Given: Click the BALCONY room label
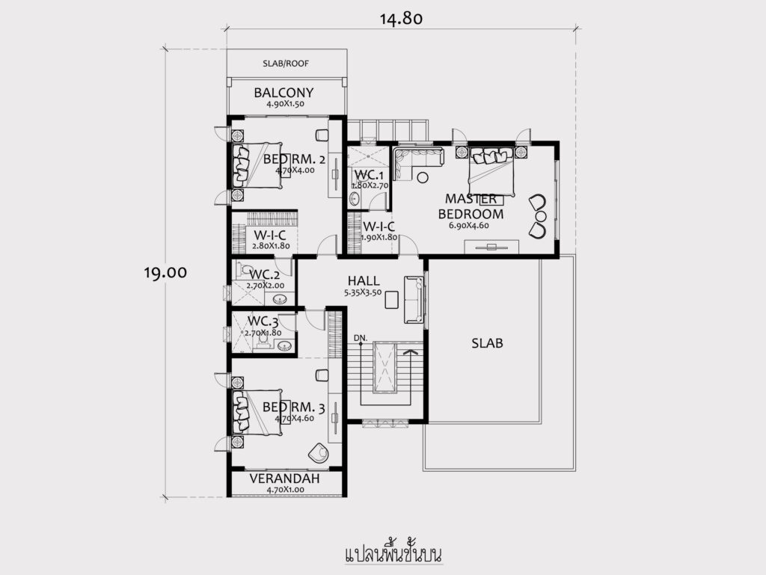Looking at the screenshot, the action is click(284, 92).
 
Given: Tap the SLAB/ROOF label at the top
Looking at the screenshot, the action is click(286, 64).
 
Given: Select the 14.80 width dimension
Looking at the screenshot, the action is click(401, 19).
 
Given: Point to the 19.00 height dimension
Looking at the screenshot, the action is click(165, 272).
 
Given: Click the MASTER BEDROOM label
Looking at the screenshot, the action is click(471, 206).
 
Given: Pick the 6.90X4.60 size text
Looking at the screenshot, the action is click(468, 226).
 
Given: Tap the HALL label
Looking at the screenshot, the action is click(364, 280).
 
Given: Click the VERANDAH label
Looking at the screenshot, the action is click(285, 479).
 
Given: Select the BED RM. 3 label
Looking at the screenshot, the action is click(293, 407).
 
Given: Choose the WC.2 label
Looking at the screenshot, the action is click(264, 274).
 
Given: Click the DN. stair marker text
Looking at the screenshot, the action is click(361, 338).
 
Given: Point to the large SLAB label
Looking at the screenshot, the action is click(487, 343).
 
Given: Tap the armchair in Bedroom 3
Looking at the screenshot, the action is click(318, 452).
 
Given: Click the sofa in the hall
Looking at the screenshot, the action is click(414, 300).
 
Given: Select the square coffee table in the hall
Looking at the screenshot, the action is click(392, 300).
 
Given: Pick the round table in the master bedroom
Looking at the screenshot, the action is click(423, 177).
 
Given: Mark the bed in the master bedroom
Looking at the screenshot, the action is click(491, 170).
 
